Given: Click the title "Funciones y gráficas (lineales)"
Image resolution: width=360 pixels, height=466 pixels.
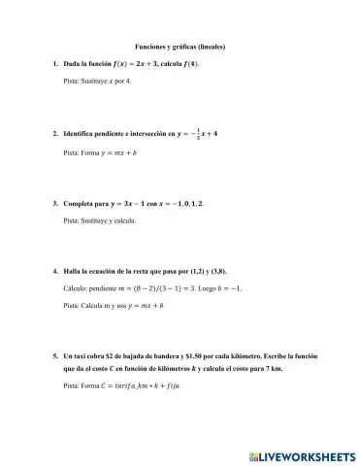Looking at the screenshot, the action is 179,46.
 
